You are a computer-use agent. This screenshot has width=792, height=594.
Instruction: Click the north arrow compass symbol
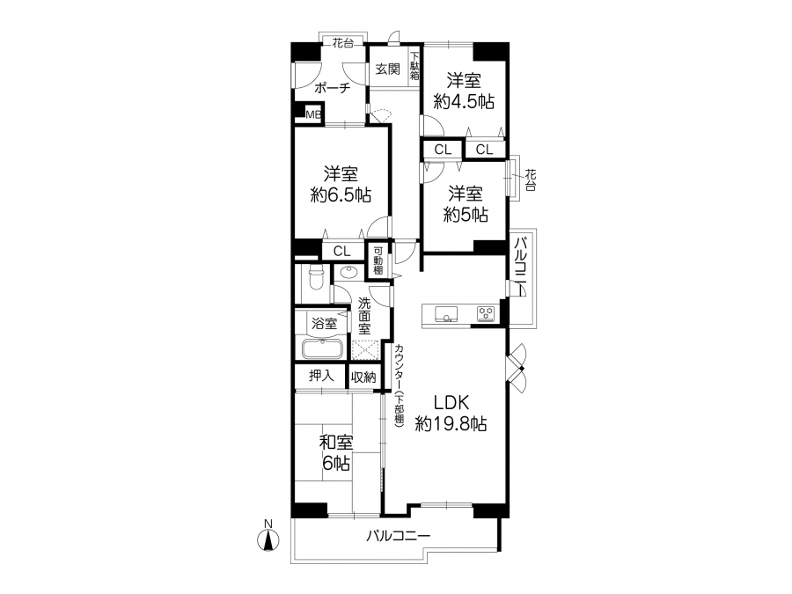click(x=268, y=539)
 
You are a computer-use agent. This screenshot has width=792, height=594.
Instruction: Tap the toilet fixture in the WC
click(x=317, y=278)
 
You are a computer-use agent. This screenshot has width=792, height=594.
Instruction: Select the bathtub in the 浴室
click(x=322, y=348)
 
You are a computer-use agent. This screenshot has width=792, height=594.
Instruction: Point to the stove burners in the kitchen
click(x=486, y=313)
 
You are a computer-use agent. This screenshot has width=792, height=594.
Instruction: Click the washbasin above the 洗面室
click(x=348, y=273)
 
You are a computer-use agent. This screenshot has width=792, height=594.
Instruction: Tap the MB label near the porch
click(x=313, y=114)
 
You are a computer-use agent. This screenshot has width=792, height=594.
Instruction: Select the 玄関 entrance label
click(x=388, y=70)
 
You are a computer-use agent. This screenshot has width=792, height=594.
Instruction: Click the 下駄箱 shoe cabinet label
click(x=414, y=66)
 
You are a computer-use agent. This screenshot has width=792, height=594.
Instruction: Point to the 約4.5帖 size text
click(x=464, y=102)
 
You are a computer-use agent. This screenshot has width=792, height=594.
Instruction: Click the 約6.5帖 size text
click(x=341, y=194)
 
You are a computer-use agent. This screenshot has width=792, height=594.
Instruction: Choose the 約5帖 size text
click(x=466, y=215)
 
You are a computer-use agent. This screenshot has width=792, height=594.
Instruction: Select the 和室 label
click(x=336, y=443)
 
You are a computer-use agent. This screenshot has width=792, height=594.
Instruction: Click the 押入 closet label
click(x=321, y=375)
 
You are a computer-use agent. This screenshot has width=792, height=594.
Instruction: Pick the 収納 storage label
click(x=363, y=377)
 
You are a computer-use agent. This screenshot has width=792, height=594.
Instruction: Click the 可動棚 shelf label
click(x=378, y=260)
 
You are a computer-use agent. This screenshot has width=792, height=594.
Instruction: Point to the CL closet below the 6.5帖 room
click(x=342, y=251)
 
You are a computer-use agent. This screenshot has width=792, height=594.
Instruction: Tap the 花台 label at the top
click(x=343, y=43)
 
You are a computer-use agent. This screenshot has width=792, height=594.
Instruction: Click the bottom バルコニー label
click(x=399, y=535)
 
